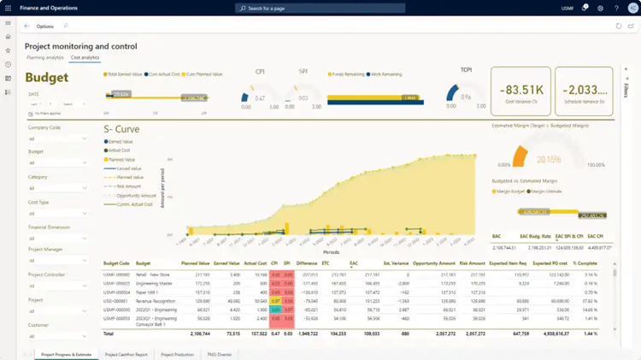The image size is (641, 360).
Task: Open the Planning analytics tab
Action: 44,57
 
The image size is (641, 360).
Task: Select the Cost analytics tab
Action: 85,57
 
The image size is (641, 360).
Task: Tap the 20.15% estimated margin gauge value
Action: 549,158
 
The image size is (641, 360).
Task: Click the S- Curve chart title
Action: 121,129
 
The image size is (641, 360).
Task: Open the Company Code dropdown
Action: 57,139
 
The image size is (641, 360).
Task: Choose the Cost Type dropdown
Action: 57,213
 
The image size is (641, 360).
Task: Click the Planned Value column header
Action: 197,264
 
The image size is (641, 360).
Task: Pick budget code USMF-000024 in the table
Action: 116,292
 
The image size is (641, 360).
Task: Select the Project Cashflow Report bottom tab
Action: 126,354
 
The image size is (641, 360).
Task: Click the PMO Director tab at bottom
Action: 219,354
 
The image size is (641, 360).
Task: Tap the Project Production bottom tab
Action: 177,354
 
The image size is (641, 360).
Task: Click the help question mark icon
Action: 616,8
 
